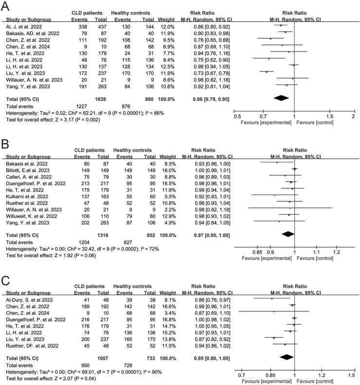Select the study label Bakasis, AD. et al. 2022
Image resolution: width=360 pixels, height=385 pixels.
click(32, 32)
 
